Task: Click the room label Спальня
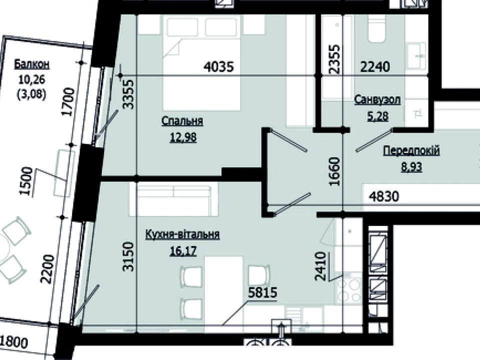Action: (x=182, y=121)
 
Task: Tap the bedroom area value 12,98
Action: (x=183, y=137)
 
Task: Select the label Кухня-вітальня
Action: (x=182, y=234)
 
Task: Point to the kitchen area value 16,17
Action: (x=183, y=251)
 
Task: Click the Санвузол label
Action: (x=377, y=100)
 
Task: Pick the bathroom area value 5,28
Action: (x=378, y=116)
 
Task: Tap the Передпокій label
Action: (x=411, y=151)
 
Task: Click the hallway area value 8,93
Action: (x=411, y=167)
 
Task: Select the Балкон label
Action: (x=32, y=64)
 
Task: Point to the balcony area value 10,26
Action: (x=32, y=80)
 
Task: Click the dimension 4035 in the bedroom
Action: (x=219, y=66)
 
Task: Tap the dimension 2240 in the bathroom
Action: (x=375, y=66)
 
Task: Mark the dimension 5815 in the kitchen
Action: (x=262, y=292)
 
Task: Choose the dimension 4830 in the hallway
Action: (x=384, y=196)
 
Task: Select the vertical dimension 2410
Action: (x=320, y=266)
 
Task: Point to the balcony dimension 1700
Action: (x=68, y=101)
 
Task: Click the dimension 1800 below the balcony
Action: (x=14, y=342)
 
